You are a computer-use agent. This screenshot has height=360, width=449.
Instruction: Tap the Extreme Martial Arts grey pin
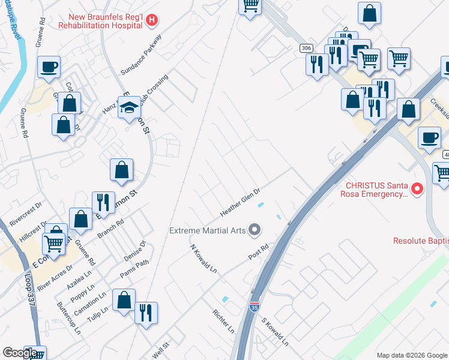(255, 230)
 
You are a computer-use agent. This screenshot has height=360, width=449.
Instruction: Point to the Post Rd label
(258, 252)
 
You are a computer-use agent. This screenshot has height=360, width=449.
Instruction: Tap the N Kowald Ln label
(203, 259)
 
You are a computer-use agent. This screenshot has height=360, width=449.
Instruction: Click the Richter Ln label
(223, 321)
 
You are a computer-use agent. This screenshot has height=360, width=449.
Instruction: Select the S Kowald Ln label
(275, 332)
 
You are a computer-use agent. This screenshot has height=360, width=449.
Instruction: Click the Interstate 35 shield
(255, 307)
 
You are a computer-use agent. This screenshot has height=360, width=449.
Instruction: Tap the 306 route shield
(306, 48)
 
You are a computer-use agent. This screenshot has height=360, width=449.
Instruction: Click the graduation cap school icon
(128, 107)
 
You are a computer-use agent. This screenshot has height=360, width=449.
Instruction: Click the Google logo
(20, 353)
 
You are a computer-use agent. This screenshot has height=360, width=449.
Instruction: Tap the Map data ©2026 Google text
(411, 355)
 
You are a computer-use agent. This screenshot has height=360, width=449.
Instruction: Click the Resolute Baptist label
(421, 241)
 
